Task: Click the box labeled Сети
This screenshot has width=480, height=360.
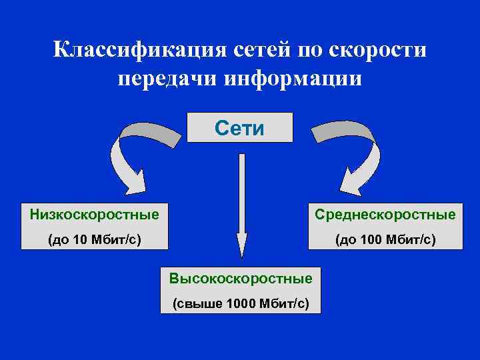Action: (x=240, y=127)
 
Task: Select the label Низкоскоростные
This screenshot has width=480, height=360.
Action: (x=95, y=215)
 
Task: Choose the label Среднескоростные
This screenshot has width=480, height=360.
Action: (x=385, y=215)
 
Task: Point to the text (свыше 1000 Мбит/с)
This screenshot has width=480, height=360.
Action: (x=241, y=303)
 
